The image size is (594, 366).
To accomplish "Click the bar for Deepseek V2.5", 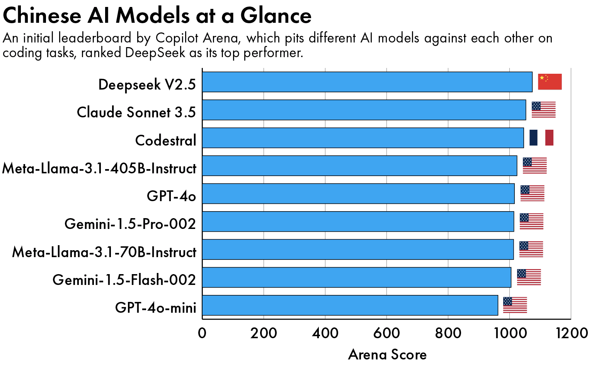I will coord(367,82).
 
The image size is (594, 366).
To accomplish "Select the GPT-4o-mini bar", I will coord(350,305).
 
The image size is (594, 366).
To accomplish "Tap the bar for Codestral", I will coord(363,138).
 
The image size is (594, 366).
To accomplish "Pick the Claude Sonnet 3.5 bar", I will coord(364,110).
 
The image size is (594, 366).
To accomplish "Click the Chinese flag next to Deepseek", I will coord(550,82).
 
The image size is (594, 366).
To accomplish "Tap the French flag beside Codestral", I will coord(541,138).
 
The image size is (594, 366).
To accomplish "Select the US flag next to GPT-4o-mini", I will coord(515,305).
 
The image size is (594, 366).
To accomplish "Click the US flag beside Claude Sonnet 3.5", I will coord(543,110).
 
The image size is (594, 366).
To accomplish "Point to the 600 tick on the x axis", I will coord(386,333).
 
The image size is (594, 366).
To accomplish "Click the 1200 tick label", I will coord(572,333).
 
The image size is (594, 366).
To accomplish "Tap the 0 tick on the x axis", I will coord(202,333).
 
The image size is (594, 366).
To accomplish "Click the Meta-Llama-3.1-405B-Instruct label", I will coord(99,169).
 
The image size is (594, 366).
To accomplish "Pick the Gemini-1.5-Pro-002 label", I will coord(130,224).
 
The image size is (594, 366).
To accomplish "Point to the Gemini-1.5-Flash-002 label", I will coord(124,280).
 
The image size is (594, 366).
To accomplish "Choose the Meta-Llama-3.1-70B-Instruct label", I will coord(104,252).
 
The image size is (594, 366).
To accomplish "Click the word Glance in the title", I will coord(276,16).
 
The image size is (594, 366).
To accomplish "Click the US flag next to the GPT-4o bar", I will coord(532,193).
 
